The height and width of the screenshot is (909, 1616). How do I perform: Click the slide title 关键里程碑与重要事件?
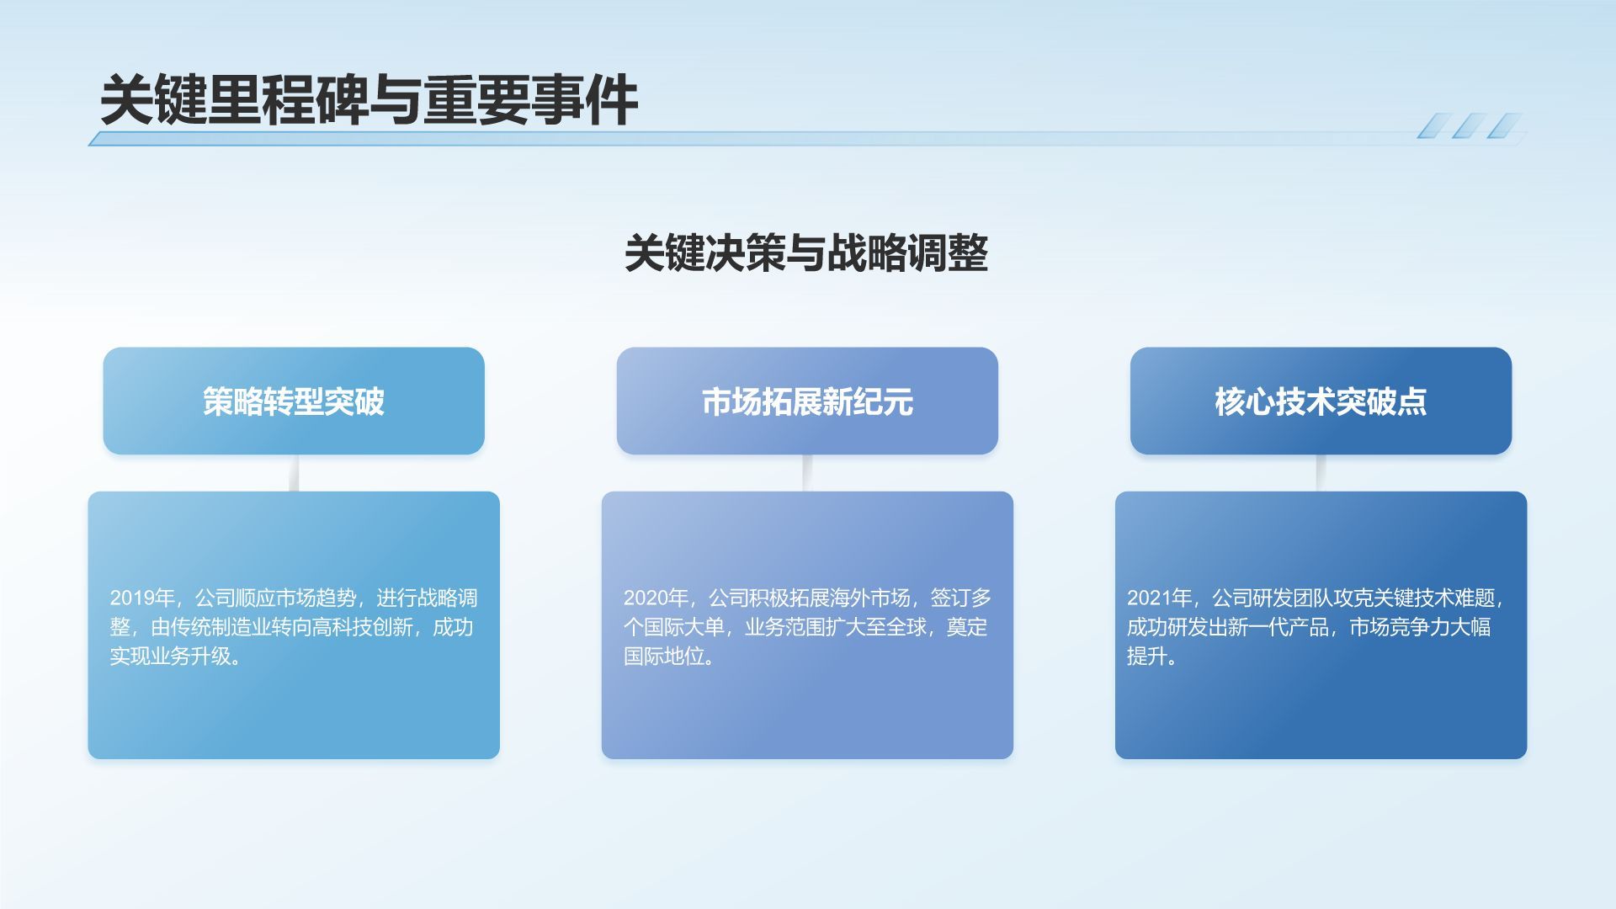click(369, 101)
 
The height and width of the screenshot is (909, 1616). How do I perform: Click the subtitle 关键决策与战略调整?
click(806, 252)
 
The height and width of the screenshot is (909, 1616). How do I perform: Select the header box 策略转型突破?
click(294, 401)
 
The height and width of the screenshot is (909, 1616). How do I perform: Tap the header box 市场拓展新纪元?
click(807, 401)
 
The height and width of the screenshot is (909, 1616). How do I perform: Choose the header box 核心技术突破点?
click(1321, 401)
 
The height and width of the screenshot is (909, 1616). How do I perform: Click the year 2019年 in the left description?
click(142, 598)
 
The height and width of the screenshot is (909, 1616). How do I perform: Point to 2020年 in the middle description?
click(656, 598)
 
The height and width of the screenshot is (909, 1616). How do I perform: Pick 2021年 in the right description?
click(1159, 598)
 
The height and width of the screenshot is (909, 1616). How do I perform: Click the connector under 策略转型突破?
click(294, 473)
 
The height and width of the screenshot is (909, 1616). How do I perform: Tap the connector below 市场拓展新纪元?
click(807, 473)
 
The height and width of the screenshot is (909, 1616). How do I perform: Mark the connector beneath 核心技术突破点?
click(1321, 473)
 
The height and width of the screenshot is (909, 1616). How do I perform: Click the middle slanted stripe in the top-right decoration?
click(1469, 126)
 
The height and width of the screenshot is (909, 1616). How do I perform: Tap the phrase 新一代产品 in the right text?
click(1279, 628)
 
